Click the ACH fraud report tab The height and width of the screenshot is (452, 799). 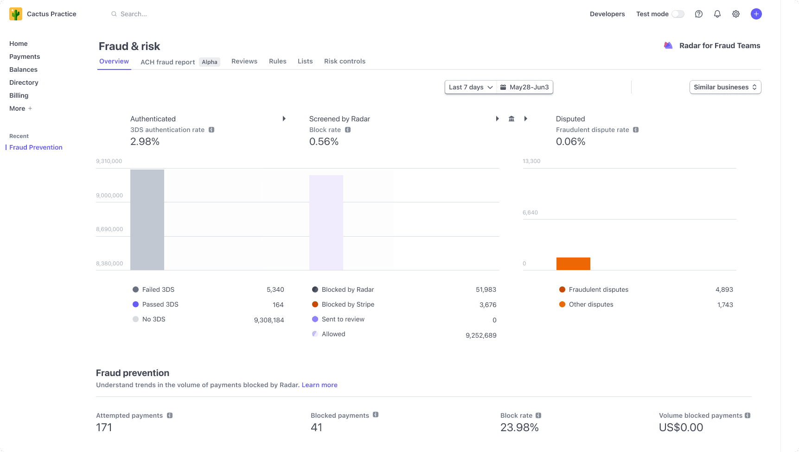167,62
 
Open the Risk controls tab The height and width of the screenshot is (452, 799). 345,61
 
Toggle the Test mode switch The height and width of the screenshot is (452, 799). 678,14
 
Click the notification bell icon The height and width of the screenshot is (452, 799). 717,14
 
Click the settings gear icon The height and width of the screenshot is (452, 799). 735,14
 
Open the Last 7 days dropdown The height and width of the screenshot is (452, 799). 470,87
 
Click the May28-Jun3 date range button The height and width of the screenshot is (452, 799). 525,87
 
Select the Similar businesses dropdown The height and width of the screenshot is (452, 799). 725,87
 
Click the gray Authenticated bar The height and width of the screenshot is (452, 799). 147,220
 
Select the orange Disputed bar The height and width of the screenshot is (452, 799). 573,264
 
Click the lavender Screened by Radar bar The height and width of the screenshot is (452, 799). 326,222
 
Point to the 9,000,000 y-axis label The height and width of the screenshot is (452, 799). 109,195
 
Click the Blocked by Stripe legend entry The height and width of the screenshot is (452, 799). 347,304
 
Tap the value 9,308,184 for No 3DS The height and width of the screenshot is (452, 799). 269,320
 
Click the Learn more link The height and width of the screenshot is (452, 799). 320,385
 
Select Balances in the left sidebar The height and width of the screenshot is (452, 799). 23,69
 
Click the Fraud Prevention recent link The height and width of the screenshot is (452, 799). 36,147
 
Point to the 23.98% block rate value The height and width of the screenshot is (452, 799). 519,427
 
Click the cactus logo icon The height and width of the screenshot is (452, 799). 16,14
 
